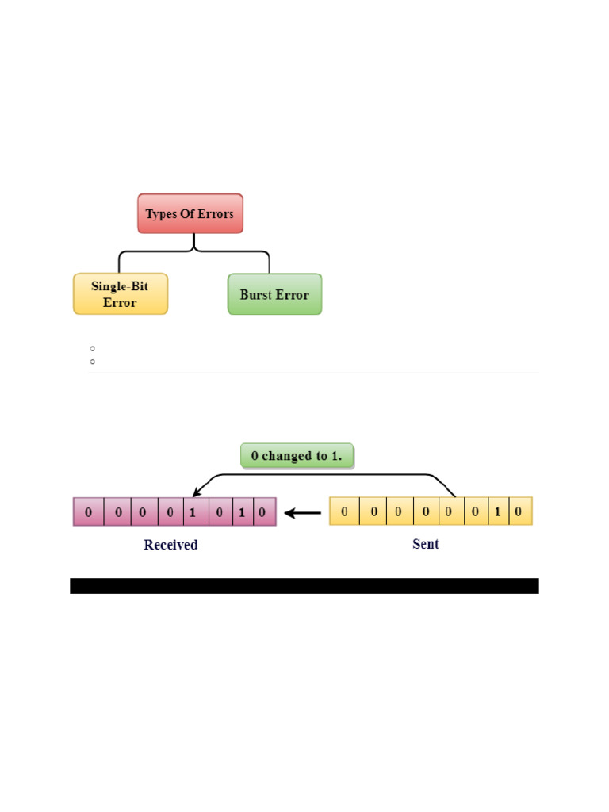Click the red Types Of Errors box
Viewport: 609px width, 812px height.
pyautogui.click(x=190, y=213)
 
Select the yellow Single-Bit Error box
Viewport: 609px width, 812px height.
pyautogui.click(x=121, y=294)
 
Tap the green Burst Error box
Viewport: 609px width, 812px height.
pyautogui.click(x=274, y=294)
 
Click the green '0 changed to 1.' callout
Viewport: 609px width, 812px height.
pyautogui.click(x=297, y=456)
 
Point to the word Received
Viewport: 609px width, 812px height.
pyautogui.click(x=170, y=545)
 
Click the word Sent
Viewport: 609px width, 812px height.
pyautogui.click(x=426, y=544)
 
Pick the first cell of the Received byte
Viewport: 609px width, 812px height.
pyautogui.click(x=88, y=512)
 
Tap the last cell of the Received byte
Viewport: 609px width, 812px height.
pyautogui.click(x=262, y=512)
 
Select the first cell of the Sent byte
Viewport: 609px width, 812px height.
pyautogui.click(x=344, y=511)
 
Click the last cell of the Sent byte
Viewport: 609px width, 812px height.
pyautogui.click(x=519, y=511)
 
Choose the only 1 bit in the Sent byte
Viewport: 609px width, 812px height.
pyautogui.click(x=497, y=511)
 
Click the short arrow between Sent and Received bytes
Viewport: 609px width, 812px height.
pyautogui.click(x=303, y=513)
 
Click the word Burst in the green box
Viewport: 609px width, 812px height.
pyautogui.click(x=256, y=294)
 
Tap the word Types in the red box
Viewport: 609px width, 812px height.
pyautogui.click(x=162, y=214)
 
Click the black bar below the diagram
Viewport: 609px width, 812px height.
pyautogui.click(x=304, y=586)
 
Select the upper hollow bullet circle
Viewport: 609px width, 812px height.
pyautogui.click(x=93, y=348)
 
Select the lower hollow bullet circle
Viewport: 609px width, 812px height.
pyautogui.click(x=93, y=362)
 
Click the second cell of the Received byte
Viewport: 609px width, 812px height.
pyautogui.click(x=118, y=512)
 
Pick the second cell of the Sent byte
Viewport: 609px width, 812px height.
pyautogui.click(x=373, y=511)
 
